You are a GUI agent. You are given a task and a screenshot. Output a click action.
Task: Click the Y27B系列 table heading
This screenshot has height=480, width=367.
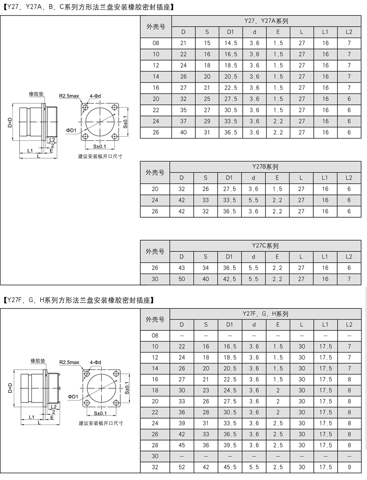(x=266, y=167)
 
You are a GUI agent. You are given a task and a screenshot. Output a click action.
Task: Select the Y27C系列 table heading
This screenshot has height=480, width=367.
(x=266, y=246)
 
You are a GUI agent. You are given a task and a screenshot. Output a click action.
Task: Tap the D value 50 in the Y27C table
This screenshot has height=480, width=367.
(x=182, y=279)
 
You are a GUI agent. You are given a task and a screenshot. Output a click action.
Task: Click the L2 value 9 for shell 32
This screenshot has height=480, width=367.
(x=349, y=467)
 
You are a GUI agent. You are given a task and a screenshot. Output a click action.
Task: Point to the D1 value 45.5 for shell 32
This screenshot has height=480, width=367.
(x=230, y=467)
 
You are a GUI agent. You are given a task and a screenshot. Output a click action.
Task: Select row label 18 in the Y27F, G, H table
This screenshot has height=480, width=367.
(x=155, y=390)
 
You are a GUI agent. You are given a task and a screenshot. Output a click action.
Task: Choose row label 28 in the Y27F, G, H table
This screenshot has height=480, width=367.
(x=155, y=445)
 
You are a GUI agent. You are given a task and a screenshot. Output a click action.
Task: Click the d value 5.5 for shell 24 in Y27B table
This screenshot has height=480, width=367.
(x=253, y=200)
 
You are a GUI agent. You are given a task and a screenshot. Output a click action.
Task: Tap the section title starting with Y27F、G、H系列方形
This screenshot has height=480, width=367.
(x=78, y=301)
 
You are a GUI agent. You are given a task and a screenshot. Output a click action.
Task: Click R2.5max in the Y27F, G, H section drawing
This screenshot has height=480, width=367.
(x=69, y=362)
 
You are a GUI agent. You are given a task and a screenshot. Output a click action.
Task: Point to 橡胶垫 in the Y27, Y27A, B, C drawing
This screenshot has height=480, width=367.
(x=36, y=94)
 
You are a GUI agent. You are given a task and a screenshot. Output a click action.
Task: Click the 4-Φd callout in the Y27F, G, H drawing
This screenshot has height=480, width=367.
(x=95, y=362)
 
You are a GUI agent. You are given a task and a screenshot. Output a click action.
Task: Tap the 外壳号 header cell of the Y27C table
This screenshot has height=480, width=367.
(x=155, y=251)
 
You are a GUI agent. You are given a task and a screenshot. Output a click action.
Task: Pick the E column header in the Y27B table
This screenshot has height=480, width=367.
(x=277, y=178)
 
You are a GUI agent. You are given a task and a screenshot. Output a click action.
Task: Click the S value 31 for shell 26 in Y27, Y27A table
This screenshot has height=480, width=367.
(x=207, y=132)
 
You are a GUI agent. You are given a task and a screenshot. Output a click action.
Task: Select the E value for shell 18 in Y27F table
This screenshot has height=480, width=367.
(x=278, y=390)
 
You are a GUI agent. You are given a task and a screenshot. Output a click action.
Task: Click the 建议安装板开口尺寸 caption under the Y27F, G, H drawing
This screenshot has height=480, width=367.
(x=100, y=423)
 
